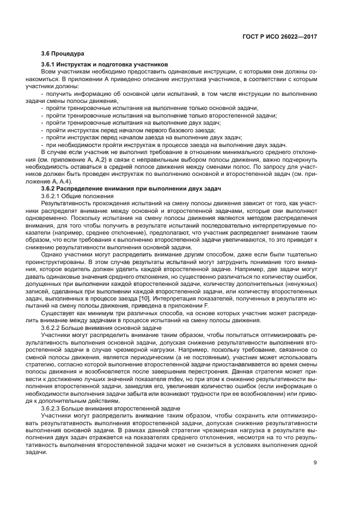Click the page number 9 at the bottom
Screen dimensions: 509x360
(316, 464)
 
